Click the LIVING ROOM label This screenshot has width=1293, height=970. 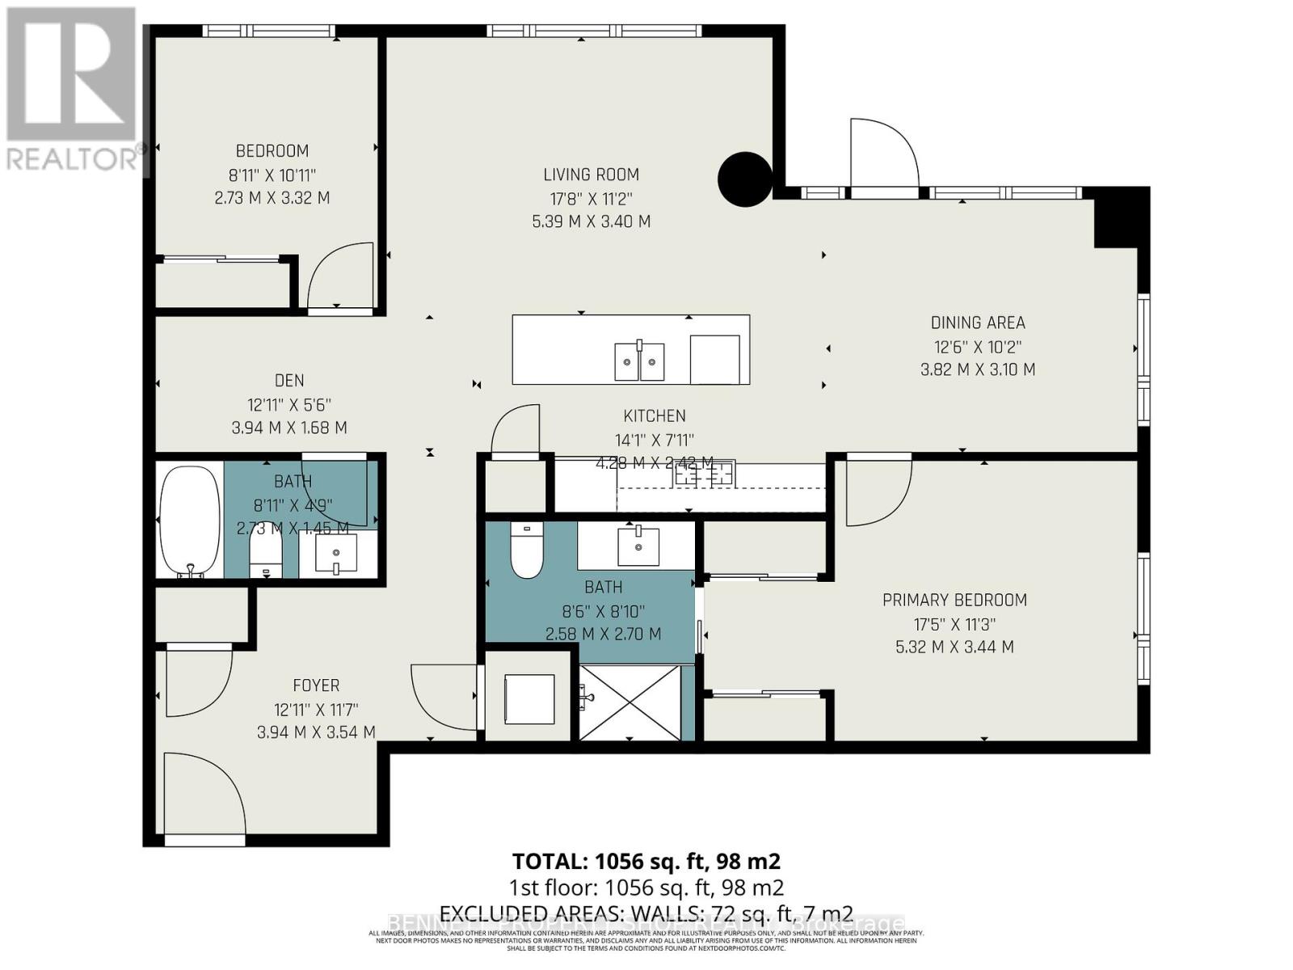tap(591, 175)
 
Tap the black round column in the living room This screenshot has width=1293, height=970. tap(745, 179)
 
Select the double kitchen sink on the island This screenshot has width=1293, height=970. tap(639, 361)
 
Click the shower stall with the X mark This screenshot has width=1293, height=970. tap(630, 702)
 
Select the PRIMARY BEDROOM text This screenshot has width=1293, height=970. tap(954, 601)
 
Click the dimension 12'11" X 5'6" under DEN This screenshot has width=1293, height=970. tap(289, 404)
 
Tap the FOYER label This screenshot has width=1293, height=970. tap(315, 685)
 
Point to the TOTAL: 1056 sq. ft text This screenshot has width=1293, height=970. tap(646, 861)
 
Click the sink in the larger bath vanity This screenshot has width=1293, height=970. tap(638, 546)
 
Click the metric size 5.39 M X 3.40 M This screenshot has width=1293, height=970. tap(591, 221)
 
